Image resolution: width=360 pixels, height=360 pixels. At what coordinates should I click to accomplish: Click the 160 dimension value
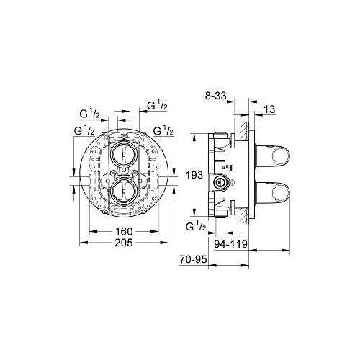[124, 232]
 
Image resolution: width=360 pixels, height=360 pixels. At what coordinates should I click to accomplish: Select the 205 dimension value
[124, 243]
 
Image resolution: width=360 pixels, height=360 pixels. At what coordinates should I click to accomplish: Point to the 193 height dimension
[194, 175]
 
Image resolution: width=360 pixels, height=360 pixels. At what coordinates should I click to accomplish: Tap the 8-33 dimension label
[216, 96]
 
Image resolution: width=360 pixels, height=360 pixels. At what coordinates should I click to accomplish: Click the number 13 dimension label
[269, 109]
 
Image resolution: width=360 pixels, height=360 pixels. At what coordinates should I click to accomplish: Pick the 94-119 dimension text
[230, 244]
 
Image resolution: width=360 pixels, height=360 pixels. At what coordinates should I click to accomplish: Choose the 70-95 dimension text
[193, 259]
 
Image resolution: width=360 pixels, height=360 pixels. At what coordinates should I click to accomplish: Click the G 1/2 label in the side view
[196, 226]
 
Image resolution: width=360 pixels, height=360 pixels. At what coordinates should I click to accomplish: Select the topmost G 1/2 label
[157, 105]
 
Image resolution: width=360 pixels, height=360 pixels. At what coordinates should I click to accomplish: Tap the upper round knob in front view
[124, 154]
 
